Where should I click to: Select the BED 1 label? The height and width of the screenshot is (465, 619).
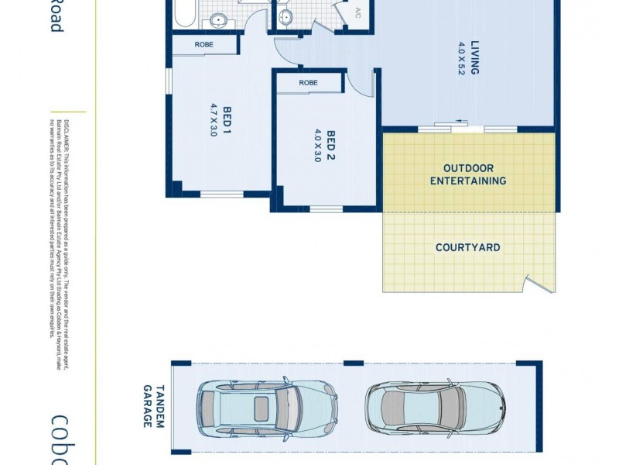[227, 119]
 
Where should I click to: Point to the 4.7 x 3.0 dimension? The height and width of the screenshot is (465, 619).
[213, 119]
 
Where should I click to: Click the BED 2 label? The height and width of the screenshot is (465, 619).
[331, 144]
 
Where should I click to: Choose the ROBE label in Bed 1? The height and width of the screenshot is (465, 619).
[204, 45]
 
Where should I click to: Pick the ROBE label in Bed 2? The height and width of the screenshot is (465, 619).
[308, 82]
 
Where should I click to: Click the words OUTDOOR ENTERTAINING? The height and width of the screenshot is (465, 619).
[469, 174]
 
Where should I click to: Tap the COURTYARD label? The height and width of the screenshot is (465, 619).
[467, 248]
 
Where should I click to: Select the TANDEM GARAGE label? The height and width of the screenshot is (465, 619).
[154, 406]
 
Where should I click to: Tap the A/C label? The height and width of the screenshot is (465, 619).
[357, 13]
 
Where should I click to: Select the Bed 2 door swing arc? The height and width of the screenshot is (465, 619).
[351, 82]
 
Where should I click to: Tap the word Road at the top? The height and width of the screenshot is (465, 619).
[56, 15]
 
